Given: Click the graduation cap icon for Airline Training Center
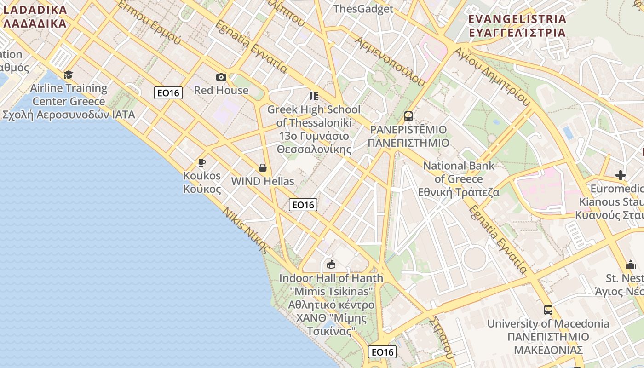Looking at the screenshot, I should pyautogui.click(x=69, y=75).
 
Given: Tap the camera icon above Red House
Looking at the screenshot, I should pyautogui.click(x=221, y=77).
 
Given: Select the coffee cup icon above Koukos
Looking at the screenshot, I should pyautogui.click(x=201, y=162).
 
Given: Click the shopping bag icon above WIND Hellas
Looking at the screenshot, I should pyautogui.click(x=263, y=168).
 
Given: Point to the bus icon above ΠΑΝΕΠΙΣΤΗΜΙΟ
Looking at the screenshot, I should pyautogui.click(x=408, y=116).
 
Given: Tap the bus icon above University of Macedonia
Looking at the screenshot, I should pyautogui.click(x=548, y=310).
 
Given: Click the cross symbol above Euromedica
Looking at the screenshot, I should pyautogui.click(x=621, y=175).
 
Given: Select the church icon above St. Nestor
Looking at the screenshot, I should pyautogui.click(x=630, y=264).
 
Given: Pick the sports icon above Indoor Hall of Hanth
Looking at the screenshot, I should pyautogui.click(x=331, y=264).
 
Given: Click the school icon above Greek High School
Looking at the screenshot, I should pyautogui.click(x=314, y=96).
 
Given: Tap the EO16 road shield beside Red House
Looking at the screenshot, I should pyautogui.click(x=168, y=93).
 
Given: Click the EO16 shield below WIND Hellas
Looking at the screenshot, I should pyautogui.click(x=303, y=205).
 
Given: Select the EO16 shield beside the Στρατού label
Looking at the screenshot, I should pyautogui.click(x=382, y=352).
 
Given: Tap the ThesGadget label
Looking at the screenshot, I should pyautogui.click(x=363, y=9).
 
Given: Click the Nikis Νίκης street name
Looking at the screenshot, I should pyautogui.click(x=246, y=230).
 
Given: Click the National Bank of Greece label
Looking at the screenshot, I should pyautogui.click(x=459, y=179).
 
